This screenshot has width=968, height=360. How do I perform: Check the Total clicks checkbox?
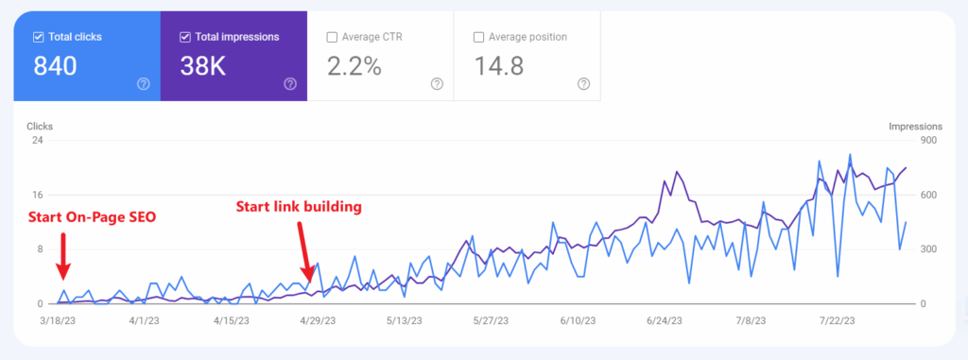click(39, 38)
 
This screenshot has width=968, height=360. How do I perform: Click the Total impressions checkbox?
click(185, 38)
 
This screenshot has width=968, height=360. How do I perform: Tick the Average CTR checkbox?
click(332, 38)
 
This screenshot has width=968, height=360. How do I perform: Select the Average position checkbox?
click(478, 38)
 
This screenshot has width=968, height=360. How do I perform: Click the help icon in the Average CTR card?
click(437, 84)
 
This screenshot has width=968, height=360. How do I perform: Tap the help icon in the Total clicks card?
click(144, 84)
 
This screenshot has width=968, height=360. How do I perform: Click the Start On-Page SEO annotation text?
click(92, 218)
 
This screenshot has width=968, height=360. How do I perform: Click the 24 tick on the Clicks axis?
click(38, 141)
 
